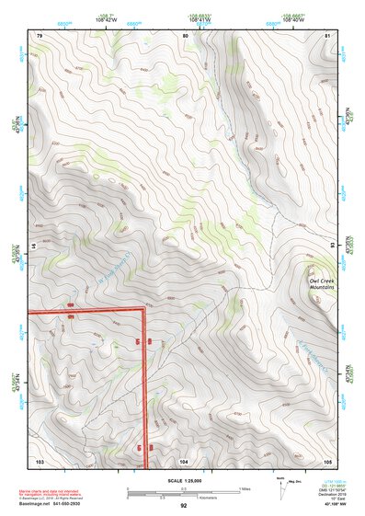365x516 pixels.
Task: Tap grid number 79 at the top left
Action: tap(40, 35)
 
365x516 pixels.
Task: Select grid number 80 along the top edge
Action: tap(186, 35)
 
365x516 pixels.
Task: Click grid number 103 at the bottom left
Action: tap(40, 460)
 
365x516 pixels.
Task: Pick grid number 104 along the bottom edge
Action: tap(184, 460)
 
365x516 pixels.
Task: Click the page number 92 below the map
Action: tap(184, 505)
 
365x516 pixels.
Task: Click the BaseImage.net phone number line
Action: tap(57, 504)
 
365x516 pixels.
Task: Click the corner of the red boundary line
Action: tap(144, 311)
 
